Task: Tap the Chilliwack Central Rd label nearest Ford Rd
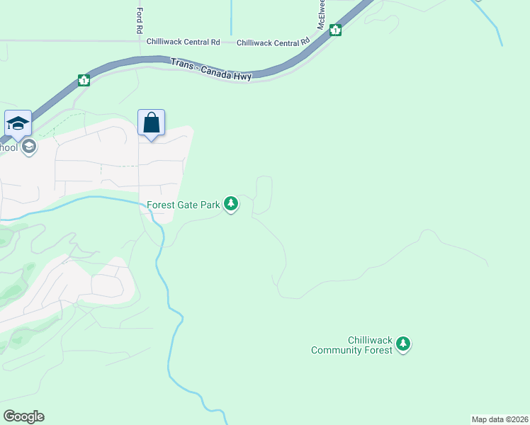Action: pos(183,42)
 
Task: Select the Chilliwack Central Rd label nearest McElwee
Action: pos(274,43)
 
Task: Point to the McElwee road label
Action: pos(321,14)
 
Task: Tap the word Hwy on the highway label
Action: pos(244,76)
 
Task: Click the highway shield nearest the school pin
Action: pos(84,80)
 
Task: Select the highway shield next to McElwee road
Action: pos(336,30)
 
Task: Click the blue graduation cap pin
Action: pos(18,123)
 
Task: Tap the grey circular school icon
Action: pos(29,147)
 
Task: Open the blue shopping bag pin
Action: pos(152,123)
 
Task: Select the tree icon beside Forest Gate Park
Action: pos(230,205)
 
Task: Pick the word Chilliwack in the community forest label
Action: pos(371,340)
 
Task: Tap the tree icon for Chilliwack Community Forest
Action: pos(403,344)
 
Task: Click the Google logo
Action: pos(23,416)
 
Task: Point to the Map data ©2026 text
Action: pos(500,419)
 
